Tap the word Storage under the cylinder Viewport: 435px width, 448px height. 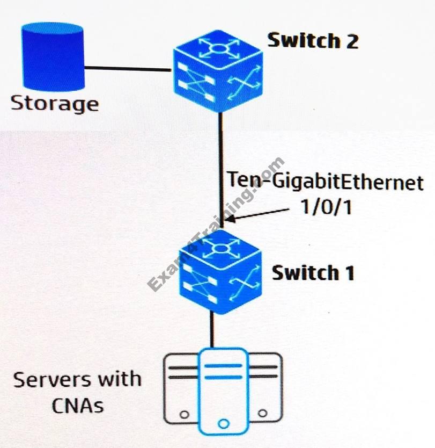[55, 103]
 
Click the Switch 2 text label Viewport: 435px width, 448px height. [313, 40]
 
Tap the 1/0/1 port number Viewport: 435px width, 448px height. [326, 207]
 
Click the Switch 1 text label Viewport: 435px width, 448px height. [313, 273]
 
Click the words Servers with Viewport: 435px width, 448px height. [77, 380]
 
